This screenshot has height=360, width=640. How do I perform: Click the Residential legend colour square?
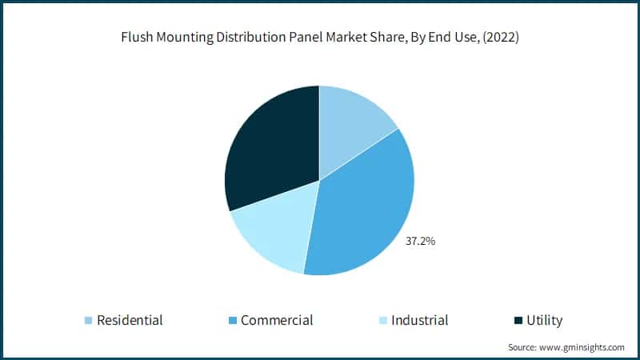[88, 321]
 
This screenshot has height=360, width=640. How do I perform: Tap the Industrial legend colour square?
[382, 321]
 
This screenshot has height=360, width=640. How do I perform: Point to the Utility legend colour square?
[518, 321]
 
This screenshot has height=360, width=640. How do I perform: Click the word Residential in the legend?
[130, 321]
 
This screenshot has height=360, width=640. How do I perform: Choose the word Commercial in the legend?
[277, 321]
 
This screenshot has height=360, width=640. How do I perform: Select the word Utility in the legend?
[545, 321]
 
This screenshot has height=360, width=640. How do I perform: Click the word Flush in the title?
[137, 38]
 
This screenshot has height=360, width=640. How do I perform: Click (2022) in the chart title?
[501, 38]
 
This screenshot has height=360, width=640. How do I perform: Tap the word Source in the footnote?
[522, 347]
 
